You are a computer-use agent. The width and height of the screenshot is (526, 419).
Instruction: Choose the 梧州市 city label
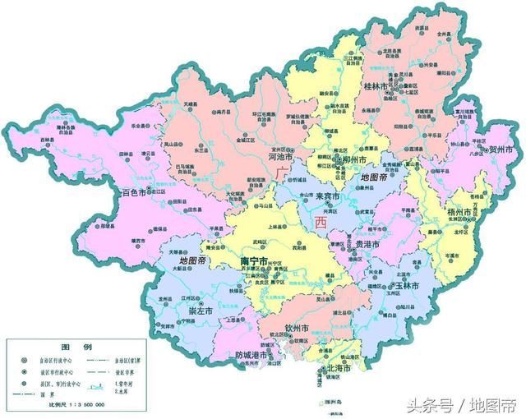(458, 213)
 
